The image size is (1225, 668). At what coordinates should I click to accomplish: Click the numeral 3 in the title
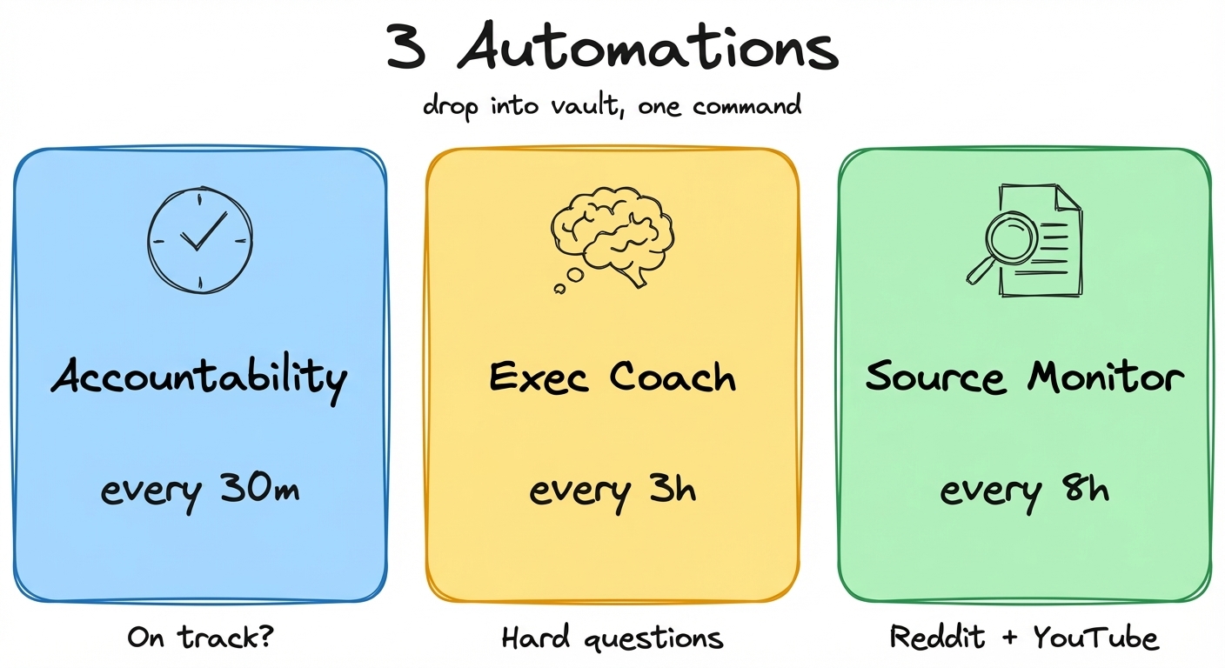(x=407, y=48)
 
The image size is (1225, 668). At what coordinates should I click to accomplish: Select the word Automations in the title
(x=647, y=50)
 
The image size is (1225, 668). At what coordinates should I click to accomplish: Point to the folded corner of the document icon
(x=1069, y=197)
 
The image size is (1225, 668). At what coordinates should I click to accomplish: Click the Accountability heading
(x=199, y=377)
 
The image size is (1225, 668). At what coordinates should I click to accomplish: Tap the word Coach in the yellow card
(x=673, y=377)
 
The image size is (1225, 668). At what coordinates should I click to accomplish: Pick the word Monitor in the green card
(x=1106, y=377)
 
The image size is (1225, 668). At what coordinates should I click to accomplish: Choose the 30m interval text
(x=258, y=489)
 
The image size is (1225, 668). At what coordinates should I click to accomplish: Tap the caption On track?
(x=200, y=638)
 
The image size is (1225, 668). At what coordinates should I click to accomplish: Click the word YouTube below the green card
(x=1096, y=638)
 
